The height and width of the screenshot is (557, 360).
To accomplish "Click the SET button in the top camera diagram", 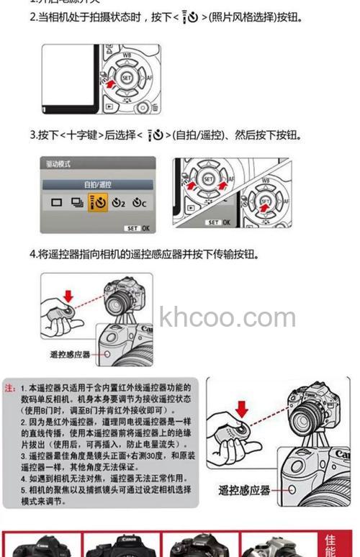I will coord(127,77).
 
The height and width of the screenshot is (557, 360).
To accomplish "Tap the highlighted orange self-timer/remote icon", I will coord(99,203).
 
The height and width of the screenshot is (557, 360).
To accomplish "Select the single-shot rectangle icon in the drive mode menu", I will coord(57,203).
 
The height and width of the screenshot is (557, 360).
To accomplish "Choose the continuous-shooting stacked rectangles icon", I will coord(77,203).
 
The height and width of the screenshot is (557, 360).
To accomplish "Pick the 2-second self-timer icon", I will coord(120,203).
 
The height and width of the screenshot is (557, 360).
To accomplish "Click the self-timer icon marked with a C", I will coord(140,203).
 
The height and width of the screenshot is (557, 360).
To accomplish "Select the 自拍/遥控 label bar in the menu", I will coord(98,184).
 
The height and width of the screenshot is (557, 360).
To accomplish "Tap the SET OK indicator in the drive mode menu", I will coord(137,227).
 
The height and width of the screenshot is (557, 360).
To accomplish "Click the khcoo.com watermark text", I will coord(228,317).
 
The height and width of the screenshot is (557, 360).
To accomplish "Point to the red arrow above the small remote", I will coord(68,295).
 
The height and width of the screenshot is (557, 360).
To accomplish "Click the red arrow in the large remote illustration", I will coord(241,409).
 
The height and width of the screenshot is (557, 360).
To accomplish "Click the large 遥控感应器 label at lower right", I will coord(245,490).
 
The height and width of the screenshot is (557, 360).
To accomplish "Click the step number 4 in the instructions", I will coord(33,254).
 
